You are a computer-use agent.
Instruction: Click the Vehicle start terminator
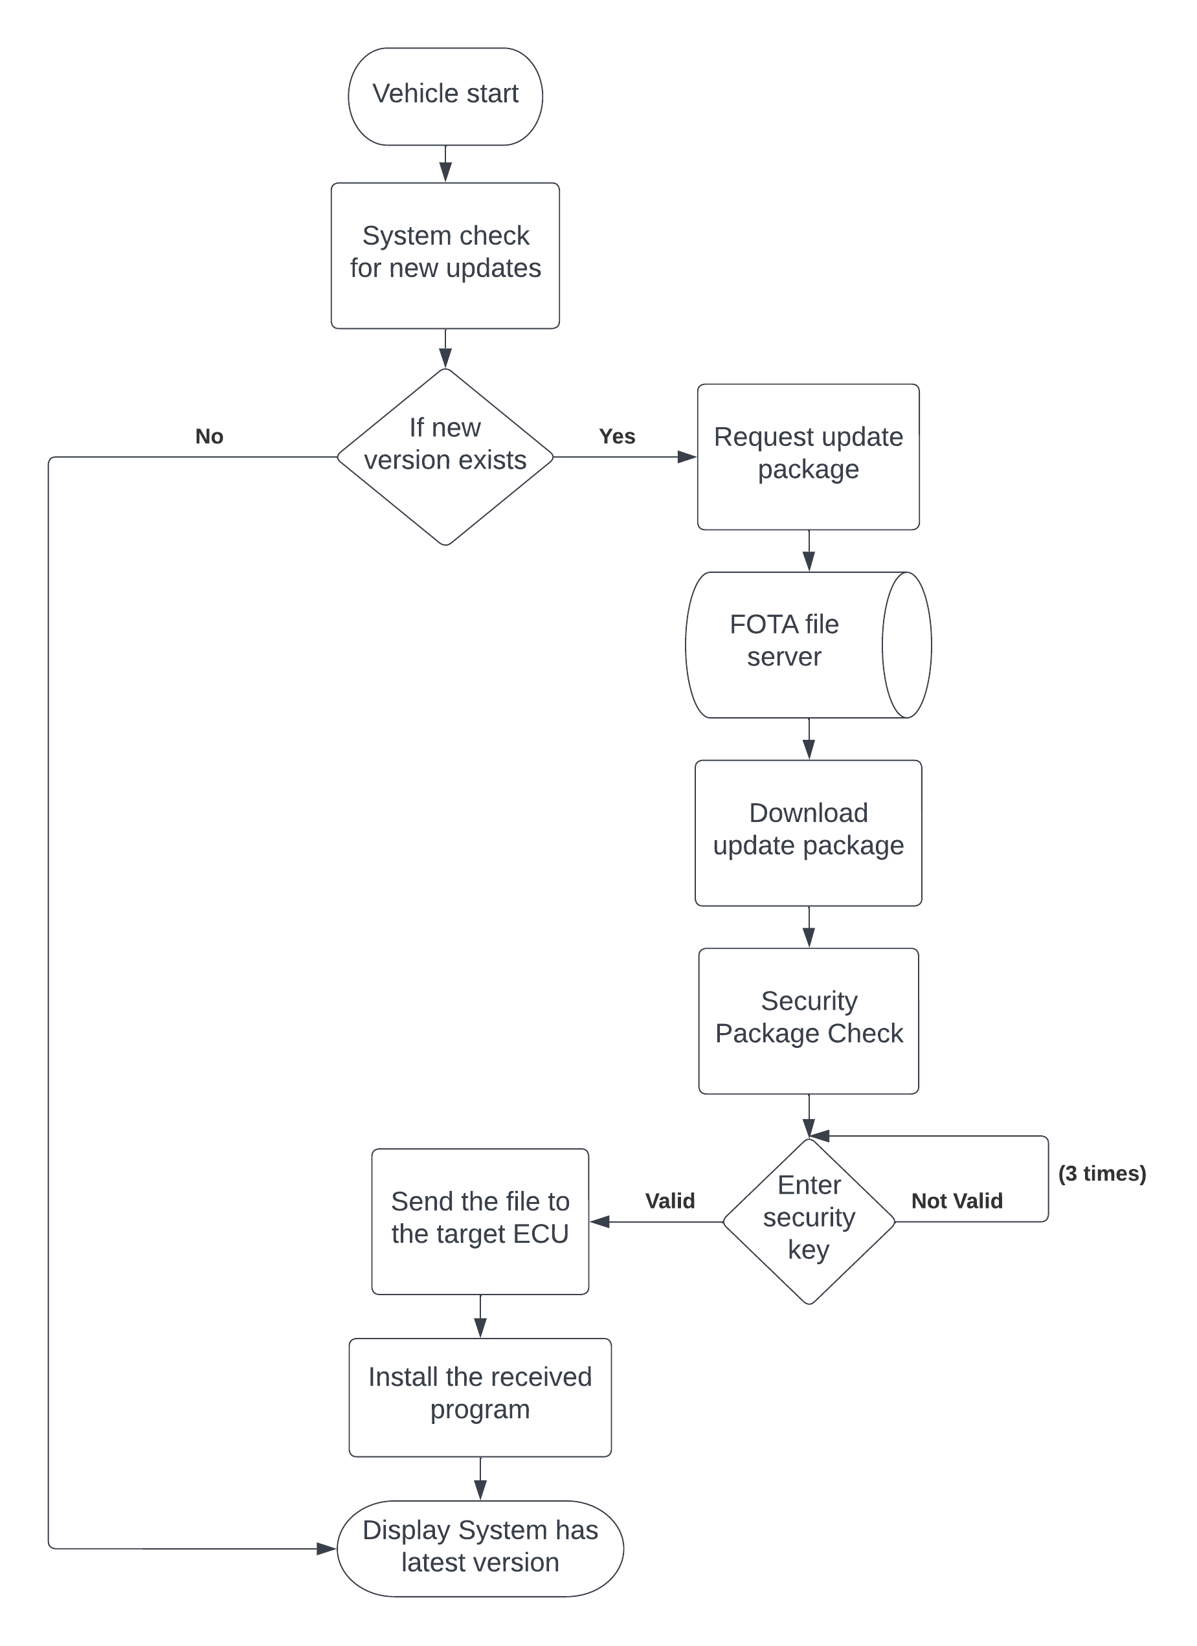coord(445,96)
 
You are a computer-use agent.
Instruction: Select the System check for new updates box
coord(445,256)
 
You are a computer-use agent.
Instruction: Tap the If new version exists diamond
coord(445,456)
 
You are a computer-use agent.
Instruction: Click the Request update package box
coord(808,456)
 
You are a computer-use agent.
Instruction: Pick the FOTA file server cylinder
coord(798,645)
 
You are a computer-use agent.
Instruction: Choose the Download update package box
coord(808,832)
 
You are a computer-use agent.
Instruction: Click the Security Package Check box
coord(809,1020)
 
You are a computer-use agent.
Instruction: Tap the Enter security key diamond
coord(809,1221)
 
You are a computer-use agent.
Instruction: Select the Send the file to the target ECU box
coord(480,1221)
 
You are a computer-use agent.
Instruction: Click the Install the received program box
coord(480,1397)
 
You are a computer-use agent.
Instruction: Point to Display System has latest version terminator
coord(480,1548)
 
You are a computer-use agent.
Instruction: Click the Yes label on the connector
coord(617,436)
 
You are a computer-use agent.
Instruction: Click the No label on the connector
coord(209,436)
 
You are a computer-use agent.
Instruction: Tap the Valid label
coord(669,1201)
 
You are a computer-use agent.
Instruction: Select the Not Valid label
coord(957,1201)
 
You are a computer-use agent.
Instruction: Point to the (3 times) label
coord(1101,1173)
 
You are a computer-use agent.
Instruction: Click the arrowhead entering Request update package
coord(687,456)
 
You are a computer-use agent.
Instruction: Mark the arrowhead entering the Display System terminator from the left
coord(327,1548)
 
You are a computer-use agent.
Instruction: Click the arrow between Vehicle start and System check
coord(445,166)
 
